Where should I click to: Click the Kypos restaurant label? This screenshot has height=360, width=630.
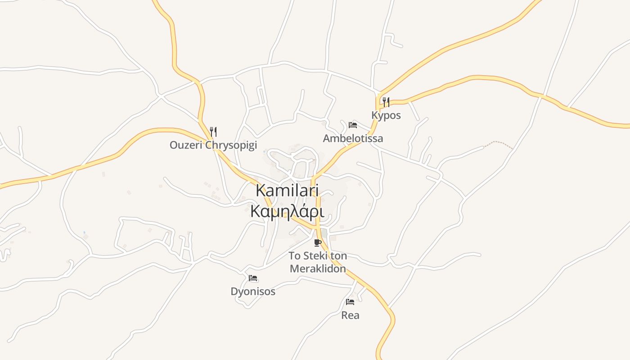(x=386, y=115)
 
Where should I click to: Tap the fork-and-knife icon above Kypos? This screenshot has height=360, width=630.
(x=386, y=102)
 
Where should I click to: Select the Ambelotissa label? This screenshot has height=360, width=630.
(x=353, y=138)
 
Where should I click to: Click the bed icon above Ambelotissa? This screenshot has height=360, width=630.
(x=353, y=125)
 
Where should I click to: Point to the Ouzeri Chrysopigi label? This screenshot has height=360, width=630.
(x=213, y=145)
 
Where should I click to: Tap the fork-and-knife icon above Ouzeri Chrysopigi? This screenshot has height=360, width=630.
(x=214, y=132)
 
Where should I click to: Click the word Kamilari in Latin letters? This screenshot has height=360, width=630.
(x=287, y=190)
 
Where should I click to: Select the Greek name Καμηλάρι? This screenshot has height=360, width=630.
(x=287, y=211)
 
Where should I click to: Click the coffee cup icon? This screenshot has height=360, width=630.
(x=318, y=243)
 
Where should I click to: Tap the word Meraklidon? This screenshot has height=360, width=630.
(x=318, y=269)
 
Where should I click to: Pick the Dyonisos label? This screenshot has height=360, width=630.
(x=253, y=291)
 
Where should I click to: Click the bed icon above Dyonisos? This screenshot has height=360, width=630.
(x=253, y=278)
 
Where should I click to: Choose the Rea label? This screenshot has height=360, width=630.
(x=350, y=315)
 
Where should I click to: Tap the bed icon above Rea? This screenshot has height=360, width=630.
(x=350, y=301)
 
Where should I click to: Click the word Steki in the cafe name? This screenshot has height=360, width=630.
(x=315, y=256)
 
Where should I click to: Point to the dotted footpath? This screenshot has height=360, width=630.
(x=499, y=143)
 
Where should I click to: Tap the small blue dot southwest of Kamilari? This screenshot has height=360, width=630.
(x=84, y=233)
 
